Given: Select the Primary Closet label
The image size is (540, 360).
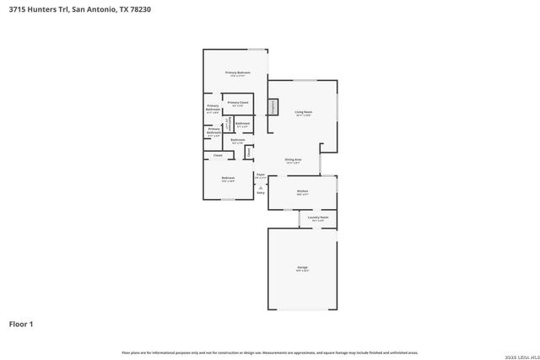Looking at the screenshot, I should click(x=238, y=103).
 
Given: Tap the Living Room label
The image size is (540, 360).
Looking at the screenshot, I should click(x=304, y=112).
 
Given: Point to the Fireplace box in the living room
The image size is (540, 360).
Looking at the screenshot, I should click(x=273, y=106).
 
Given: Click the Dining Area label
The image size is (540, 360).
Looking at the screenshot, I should click(x=294, y=159).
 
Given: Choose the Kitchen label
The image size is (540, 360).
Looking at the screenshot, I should click(x=302, y=191).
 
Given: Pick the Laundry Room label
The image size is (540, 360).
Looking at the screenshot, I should click(x=317, y=218).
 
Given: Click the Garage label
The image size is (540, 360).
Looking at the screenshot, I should click(x=302, y=269).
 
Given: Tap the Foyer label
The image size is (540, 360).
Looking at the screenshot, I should click(x=261, y=175).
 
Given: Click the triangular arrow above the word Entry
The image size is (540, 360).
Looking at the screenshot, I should click(x=261, y=186).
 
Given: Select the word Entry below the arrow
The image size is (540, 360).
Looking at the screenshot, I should click(x=261, y=193).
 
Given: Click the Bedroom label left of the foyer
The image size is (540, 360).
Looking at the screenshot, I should click(x=228, y=179).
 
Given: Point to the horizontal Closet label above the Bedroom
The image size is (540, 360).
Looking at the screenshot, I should click(x=218, y=156).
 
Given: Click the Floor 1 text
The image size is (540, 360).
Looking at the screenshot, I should click(x=21, y=324).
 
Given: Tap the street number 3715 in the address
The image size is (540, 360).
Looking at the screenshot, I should click(x=18, y=10).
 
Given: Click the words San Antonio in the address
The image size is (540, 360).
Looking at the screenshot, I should click(x=89, y=10).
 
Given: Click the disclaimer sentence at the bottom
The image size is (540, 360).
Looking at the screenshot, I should click(x=269, y=352).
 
